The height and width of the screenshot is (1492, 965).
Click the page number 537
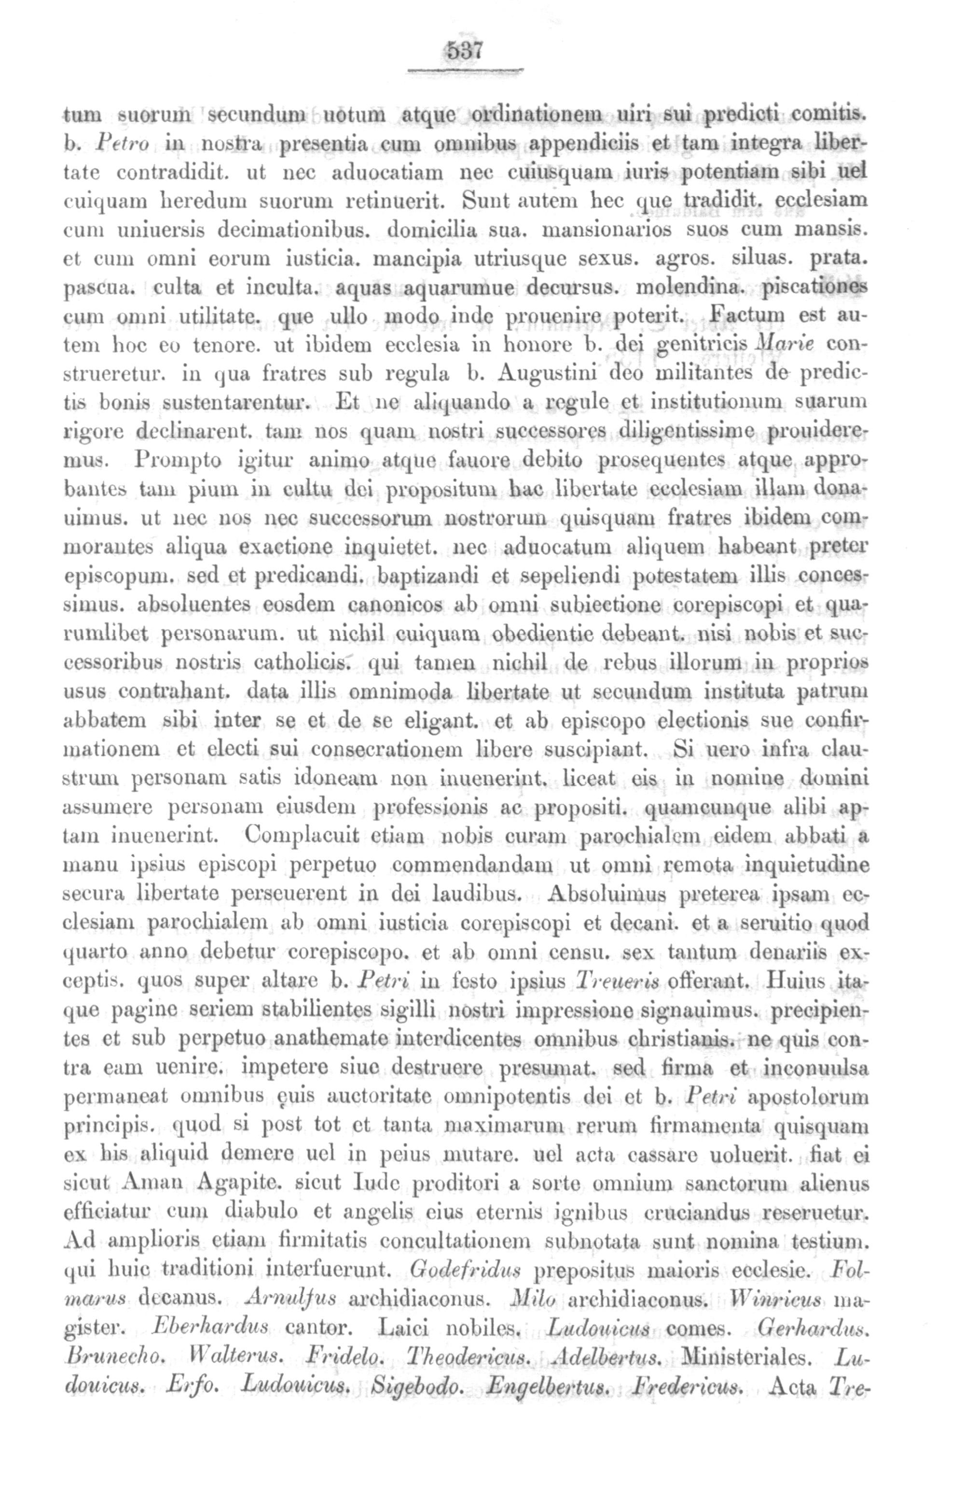pyautogui.click(x=464, y=50)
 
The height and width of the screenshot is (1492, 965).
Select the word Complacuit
pyautogui.click(x=293, y=835)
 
